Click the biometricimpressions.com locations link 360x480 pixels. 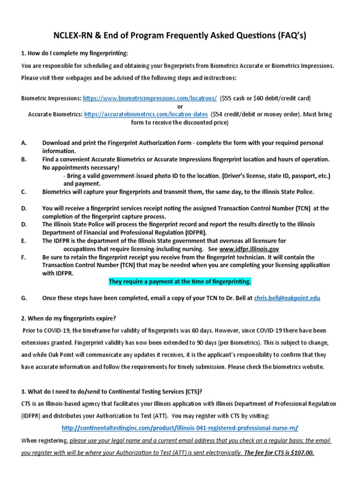point(150,98)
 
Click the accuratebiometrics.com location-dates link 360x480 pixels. point(146,114)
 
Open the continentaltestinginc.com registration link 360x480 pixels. point(180,428)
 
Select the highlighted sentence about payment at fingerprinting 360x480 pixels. point(180,281)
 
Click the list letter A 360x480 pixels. point(24,142)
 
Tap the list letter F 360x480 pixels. point(23,257)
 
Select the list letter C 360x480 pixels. point(24,191)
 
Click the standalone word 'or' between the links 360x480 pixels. point(180,106)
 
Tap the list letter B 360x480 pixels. point(24,159)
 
